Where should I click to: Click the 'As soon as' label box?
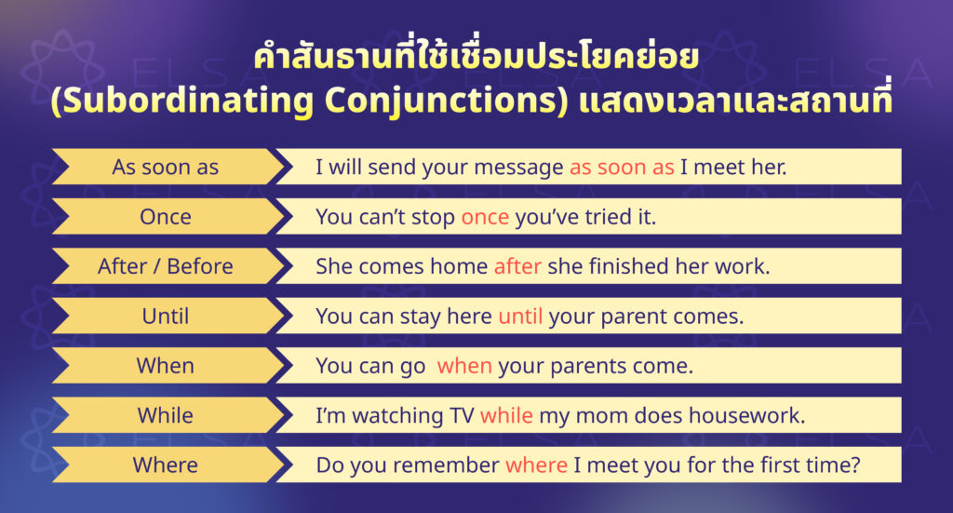click(166, 167)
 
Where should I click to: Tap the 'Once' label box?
click(166, 217)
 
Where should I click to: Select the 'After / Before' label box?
click(166, 266)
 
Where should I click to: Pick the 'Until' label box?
click(166, 316)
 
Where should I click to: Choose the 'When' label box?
click(166, 365)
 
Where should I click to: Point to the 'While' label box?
click(166, 414)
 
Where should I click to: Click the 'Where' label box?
click(166, 464)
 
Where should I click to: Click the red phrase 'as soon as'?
click(621, 167)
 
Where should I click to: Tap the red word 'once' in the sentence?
click(485, 217)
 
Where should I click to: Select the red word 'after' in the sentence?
click(517, 266)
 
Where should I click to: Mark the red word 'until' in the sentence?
click(520, 316)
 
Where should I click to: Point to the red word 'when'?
click(464, 365)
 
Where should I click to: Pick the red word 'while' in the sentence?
click(506, 414)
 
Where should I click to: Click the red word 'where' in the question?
click(536, 464)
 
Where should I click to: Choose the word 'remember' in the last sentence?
click(450, 464)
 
